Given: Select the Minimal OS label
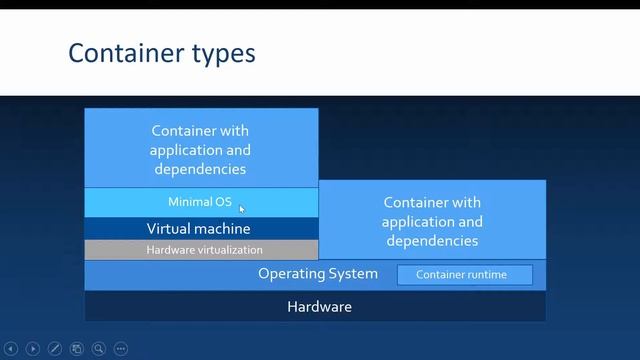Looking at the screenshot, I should (x=200, y=202).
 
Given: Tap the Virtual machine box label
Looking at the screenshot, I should (x=199, y=229).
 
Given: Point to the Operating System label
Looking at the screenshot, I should (x=318, y=274).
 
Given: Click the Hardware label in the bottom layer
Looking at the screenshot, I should (x=320, y=306).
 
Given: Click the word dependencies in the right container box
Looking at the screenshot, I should (x=432, y=240).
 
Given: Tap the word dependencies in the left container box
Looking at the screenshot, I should (x=200, y=168).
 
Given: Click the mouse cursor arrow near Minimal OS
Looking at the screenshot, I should (x=242, y=208).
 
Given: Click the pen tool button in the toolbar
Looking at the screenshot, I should (x=55, y=349).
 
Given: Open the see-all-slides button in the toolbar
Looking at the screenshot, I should (x=77, y=349).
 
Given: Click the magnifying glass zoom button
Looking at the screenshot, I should (x=99, y=349).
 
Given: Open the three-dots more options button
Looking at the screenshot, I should (x=121, y=349).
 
